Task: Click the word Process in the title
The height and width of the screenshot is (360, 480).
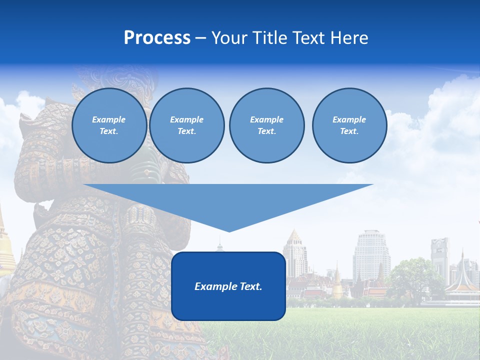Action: point(157,38)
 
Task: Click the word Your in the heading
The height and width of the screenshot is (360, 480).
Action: point(229,38)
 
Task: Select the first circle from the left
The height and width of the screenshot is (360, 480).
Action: point(109,125)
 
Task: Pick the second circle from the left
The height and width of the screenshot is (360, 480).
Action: point(186,125)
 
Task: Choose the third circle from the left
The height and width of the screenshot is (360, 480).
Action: point(266,125)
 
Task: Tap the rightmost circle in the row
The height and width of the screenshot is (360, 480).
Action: point(349,125)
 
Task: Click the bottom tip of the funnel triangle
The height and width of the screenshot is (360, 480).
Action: point(229,231)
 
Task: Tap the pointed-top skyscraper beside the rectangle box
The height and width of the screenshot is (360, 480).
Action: point(294,255)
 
